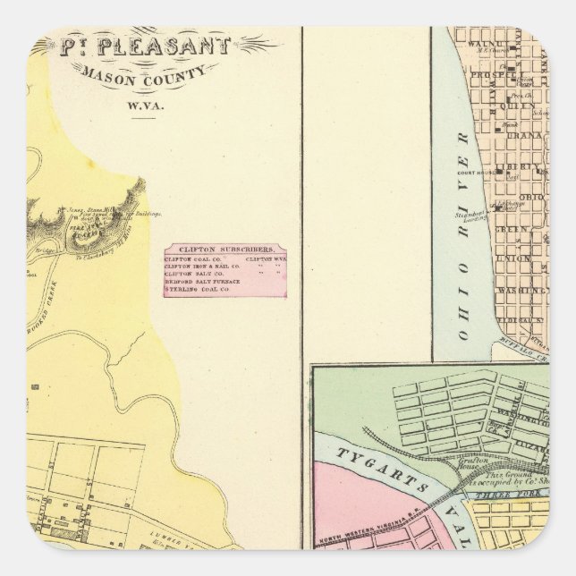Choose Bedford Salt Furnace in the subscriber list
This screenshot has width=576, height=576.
point(199,282)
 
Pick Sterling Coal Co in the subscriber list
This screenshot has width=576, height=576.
point(192,290)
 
